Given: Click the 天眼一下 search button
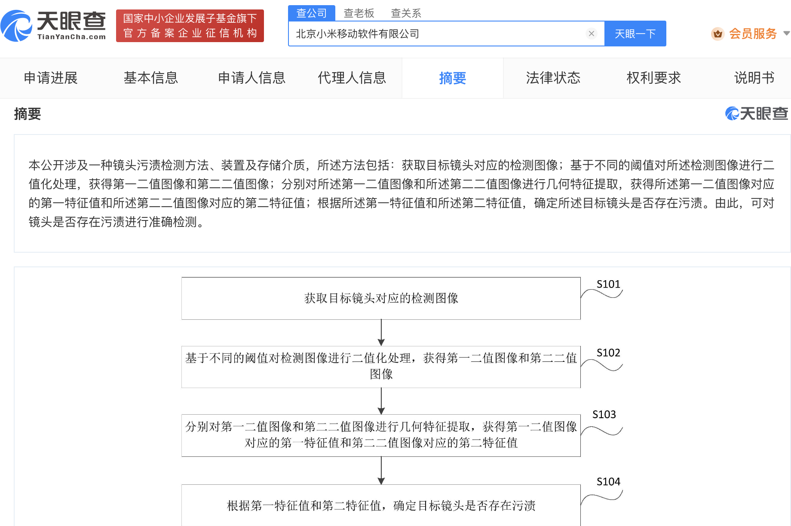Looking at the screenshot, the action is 635,34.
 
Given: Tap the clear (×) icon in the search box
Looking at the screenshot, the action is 592,34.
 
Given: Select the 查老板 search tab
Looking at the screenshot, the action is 359,13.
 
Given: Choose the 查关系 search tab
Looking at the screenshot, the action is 406,13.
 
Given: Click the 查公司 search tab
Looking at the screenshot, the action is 312,13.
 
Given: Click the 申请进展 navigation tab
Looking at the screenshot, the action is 51,78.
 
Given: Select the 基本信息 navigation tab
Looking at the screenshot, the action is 151,78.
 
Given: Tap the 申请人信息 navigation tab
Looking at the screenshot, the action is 251,78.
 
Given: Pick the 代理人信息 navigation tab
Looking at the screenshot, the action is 352,78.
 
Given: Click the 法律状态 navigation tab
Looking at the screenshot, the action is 553,78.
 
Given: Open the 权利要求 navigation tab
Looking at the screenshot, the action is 654,78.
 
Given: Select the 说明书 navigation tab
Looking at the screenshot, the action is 754,78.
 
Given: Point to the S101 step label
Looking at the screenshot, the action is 608,284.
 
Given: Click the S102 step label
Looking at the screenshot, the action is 608,353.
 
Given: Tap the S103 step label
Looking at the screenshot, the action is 604,414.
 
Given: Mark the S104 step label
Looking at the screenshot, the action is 608,482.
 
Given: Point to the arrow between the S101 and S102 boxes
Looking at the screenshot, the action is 381,333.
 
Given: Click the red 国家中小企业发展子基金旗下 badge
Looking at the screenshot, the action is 190,26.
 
